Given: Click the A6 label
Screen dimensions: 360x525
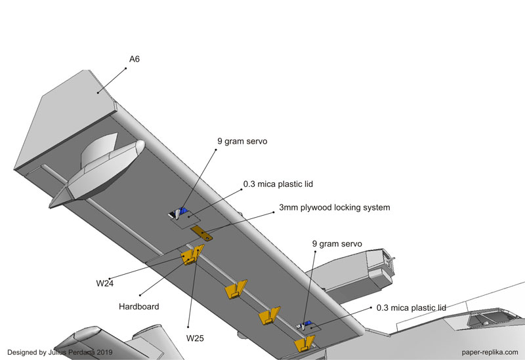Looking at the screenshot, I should click(x=134, y=59).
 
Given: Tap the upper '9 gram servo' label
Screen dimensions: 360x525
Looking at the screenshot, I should click(x=242, y=141).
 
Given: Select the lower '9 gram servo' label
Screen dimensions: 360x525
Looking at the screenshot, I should click(x=337, y=244).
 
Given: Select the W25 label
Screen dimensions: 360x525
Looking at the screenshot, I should click(x=196, y=339).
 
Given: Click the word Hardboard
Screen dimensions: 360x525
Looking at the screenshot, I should click(x=140, y=306).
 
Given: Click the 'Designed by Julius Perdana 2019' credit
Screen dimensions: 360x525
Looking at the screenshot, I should click(x=59, y=351).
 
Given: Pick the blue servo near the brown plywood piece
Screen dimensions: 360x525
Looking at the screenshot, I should click(x=181, y=211).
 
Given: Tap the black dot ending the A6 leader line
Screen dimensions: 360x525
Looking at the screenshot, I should click(x=99, y=92).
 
